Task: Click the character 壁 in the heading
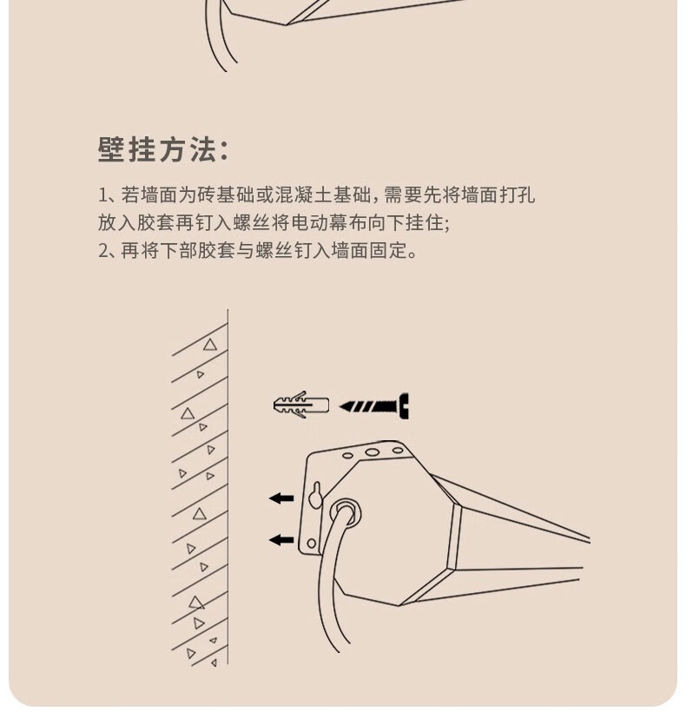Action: [109, 149]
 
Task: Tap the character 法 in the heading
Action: [202, 149]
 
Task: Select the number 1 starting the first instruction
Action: [102, 195]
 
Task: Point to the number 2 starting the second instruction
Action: [103, 251]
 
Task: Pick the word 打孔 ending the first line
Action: [518, 195]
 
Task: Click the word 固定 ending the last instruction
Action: [387, 251]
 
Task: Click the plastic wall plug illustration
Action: [301, 405]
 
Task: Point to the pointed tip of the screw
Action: [341, 407]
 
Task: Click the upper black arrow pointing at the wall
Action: [281, 498]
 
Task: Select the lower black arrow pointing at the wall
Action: [281, 539]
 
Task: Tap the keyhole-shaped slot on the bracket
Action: [316, 495]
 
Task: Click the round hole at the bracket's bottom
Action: [312, 544]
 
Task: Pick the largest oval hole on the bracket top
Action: [372, 452]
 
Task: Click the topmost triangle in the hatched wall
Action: [210, 345]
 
